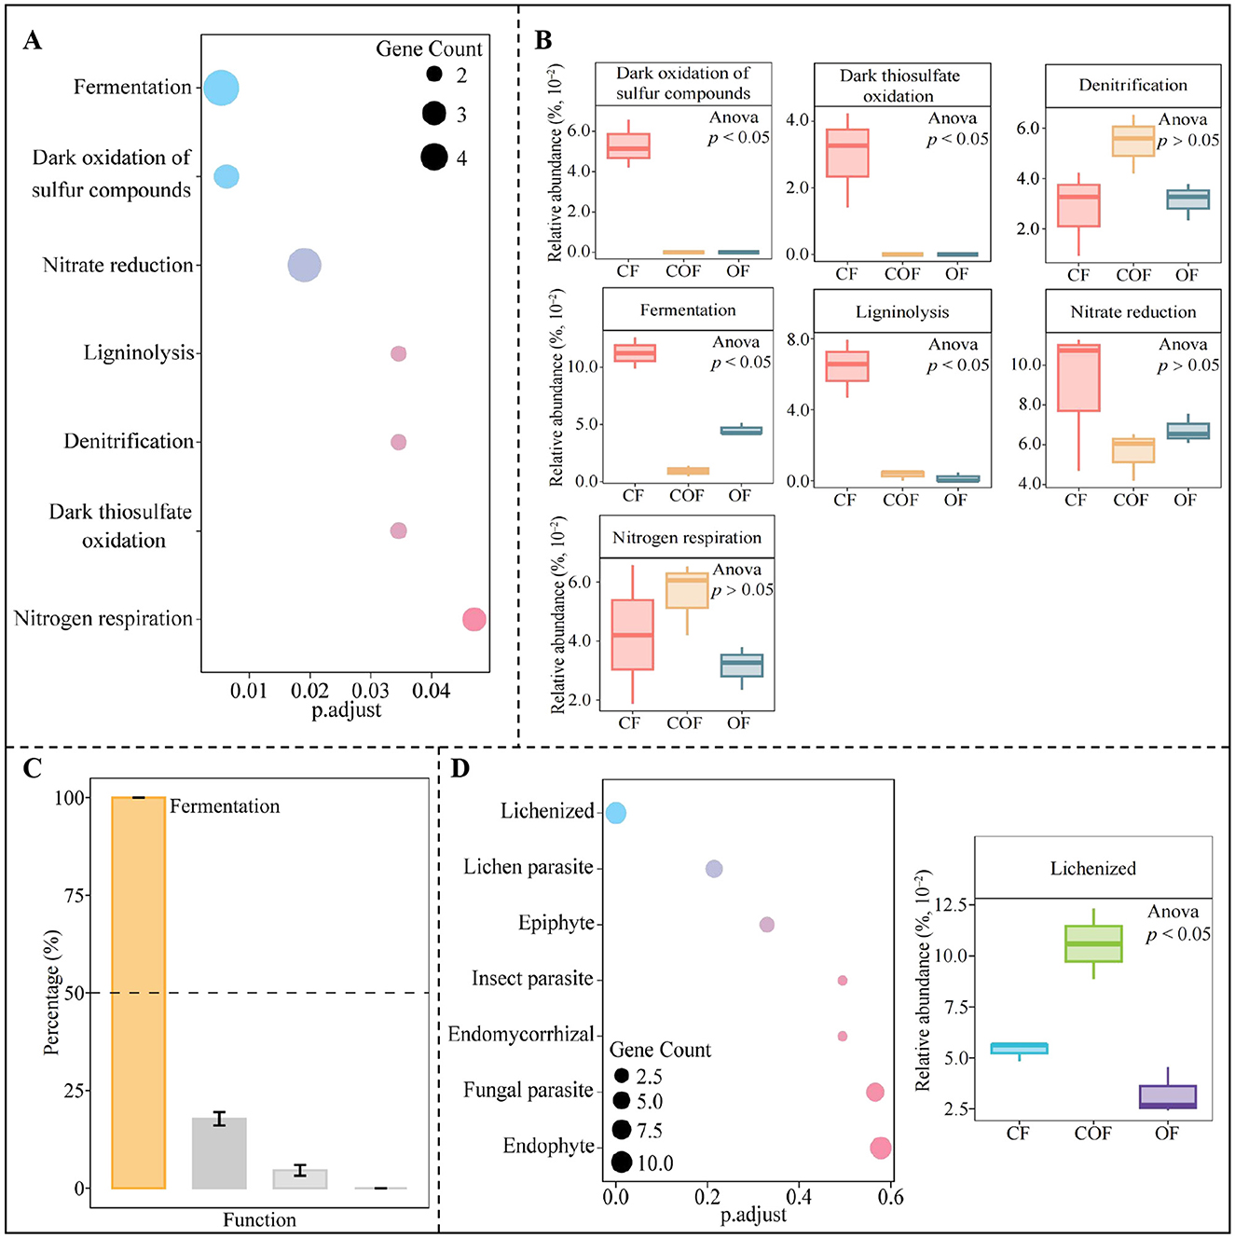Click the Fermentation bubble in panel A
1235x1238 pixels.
tap(221, 88)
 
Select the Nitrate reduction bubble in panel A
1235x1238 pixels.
tap(304, 266)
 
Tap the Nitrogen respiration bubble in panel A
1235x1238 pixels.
tap(474, 619)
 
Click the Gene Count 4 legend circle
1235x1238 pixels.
tap(434, 157)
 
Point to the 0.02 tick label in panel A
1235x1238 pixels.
tap(309, 691)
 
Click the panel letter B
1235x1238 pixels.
tap(542, 40)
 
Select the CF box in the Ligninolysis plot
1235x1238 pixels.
tap(847, 366)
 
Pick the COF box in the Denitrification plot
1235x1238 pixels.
tap(1133, 142)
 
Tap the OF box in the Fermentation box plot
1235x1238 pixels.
tap(741, 431)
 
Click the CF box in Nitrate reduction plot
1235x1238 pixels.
tap(1078, 378)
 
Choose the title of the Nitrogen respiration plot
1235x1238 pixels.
tap(687, 538)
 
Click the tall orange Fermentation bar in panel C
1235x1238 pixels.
tap(138, 992)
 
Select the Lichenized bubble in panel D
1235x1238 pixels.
tap(616, 813)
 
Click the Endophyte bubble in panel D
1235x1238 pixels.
tap(880, 1149)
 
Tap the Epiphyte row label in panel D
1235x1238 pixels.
tap(556, 923)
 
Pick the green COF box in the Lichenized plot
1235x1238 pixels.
tap(1093, 943)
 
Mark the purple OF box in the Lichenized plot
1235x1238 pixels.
tap(1168, 1096)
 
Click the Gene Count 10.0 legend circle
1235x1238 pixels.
tap(622, 1162)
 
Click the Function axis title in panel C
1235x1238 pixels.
tap(259, 1220)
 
